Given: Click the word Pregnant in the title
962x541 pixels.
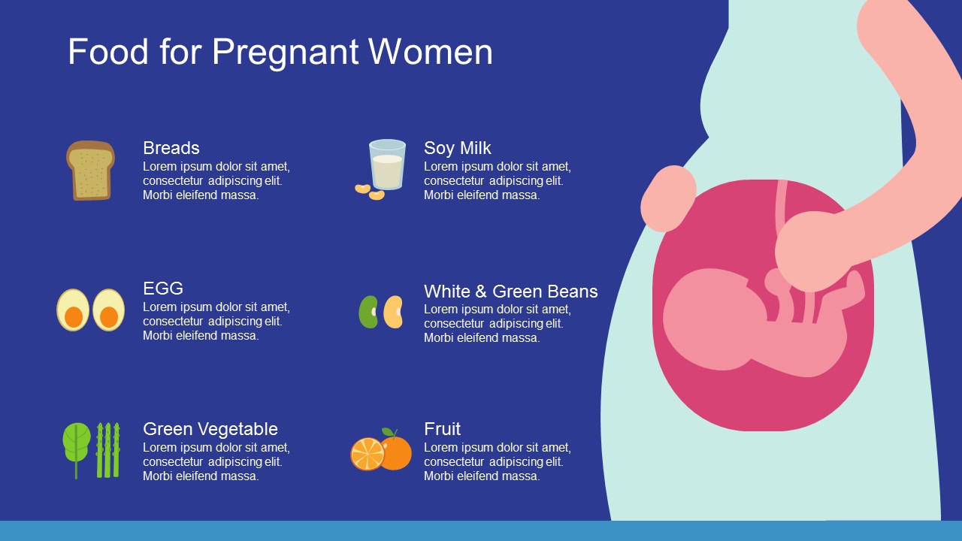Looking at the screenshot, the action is pyautogui.click(x=285, y=53).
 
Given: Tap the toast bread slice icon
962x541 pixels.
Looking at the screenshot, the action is pyautogui.click(x=91, y=171).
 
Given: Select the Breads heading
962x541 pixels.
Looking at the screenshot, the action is pyautogui.click(x=171, y=148).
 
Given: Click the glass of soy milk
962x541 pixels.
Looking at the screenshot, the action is pyautogui.click(x=387, y=165).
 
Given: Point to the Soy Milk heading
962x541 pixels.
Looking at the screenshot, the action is pyautogui.click(x=458, y=148).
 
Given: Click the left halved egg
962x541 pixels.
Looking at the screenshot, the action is pyautogui.click(x=73, y=310).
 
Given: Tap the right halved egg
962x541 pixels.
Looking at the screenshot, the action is pyautogui.click(x=109, y=310).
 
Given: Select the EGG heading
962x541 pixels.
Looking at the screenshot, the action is pyautogui.click(x=163, y=289).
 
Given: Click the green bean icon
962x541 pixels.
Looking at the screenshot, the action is pyautogui.click(x=368, y=312).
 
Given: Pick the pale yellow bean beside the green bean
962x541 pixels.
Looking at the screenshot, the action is pyautogui.click(x=393, y=312).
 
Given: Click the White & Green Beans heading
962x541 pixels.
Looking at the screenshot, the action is pyautogui.click(x=510, y=292).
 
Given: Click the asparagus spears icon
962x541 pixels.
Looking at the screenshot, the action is pyautogui.click(x=107, y=450).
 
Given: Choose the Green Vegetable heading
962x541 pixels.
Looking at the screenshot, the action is pyautogui.click(x=210, y=429).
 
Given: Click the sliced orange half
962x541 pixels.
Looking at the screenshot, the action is pyautogui.click(x=368, y=454).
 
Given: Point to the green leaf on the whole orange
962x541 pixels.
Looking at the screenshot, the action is pyautogui.click(x=389, y=432).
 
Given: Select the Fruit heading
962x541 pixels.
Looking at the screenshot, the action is pyautogui.click(x=442, y=429).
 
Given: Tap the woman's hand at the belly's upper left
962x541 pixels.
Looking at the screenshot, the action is pyautogui.click(x=668, y=198).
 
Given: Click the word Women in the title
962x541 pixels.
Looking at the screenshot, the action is pyautogui.click(x=431, y=53).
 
